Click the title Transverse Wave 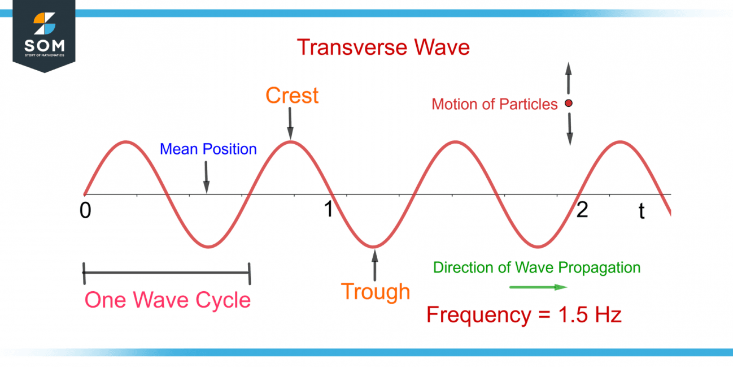(x=383, y=47)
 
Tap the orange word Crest (x=292, y=96)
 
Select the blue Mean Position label (x=208, y=149)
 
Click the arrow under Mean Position (x=206, y=177)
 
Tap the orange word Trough (x=375, y=292)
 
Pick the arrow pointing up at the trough (x=373, y=263)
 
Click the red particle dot (x=569, y=103)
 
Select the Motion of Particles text (x=495, y=104)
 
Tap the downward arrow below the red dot (x=569, y=129)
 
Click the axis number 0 (x=85, y=210)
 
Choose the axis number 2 (x=582, y=210)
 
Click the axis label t (x=642, y=211)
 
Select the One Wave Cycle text (x=167, y=300)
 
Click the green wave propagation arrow (x=538, y=287)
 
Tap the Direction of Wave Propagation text (x=536, y=267)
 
